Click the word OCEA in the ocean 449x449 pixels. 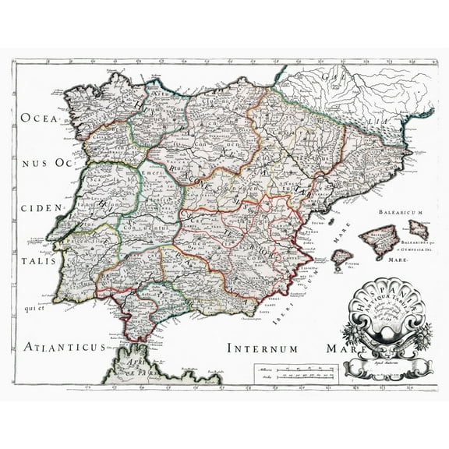pyautogui.click(x=36, y=120)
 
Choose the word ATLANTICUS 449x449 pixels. pyautogui.click(x=62, y=325)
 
